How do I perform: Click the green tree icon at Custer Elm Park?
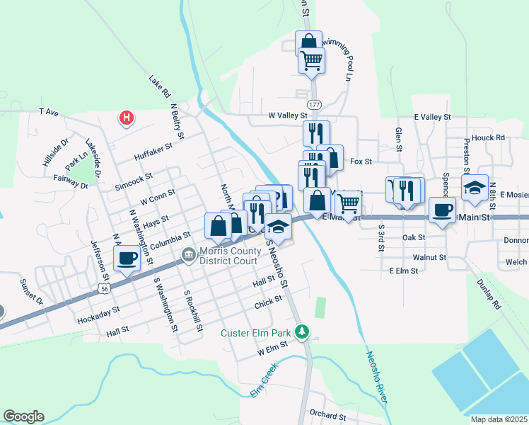303,331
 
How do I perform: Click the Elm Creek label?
263,383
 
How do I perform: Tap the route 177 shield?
315,104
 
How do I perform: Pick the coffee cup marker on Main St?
443,209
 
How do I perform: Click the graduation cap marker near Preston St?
475,188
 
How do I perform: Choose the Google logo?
23,416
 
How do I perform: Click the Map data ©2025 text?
499,419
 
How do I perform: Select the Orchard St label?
326,414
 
